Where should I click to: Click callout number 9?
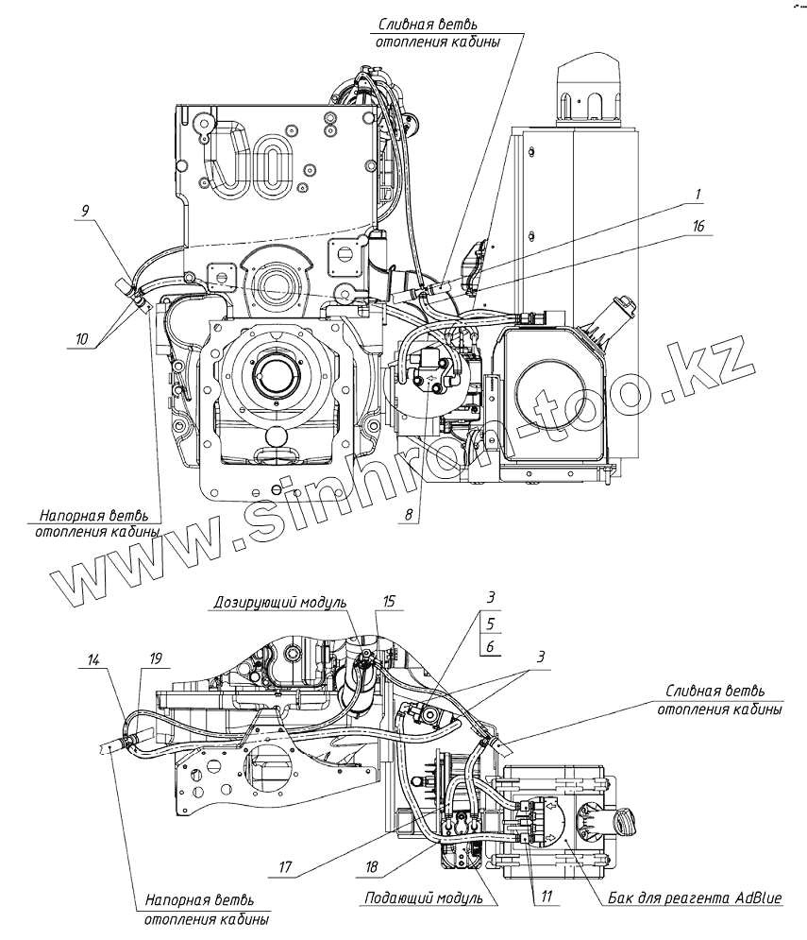coord(85,211)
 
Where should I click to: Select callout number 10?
coord(81,339)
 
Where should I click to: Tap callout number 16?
coord(698,226)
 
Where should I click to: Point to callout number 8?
coord(409,514)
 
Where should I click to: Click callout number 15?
coord(390,601)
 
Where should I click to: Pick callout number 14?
coord(92,660)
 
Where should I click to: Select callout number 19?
coord(155,658)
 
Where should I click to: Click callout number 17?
coord(285,867)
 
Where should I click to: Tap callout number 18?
coord(372,867)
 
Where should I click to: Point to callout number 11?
coord(546,897)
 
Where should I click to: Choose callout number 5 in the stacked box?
coord(491,624)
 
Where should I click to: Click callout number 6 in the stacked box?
coord(491,646)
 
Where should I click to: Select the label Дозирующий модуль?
coord(280,602)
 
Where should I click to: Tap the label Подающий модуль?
coord(424,898)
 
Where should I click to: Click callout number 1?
coord(698,195)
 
